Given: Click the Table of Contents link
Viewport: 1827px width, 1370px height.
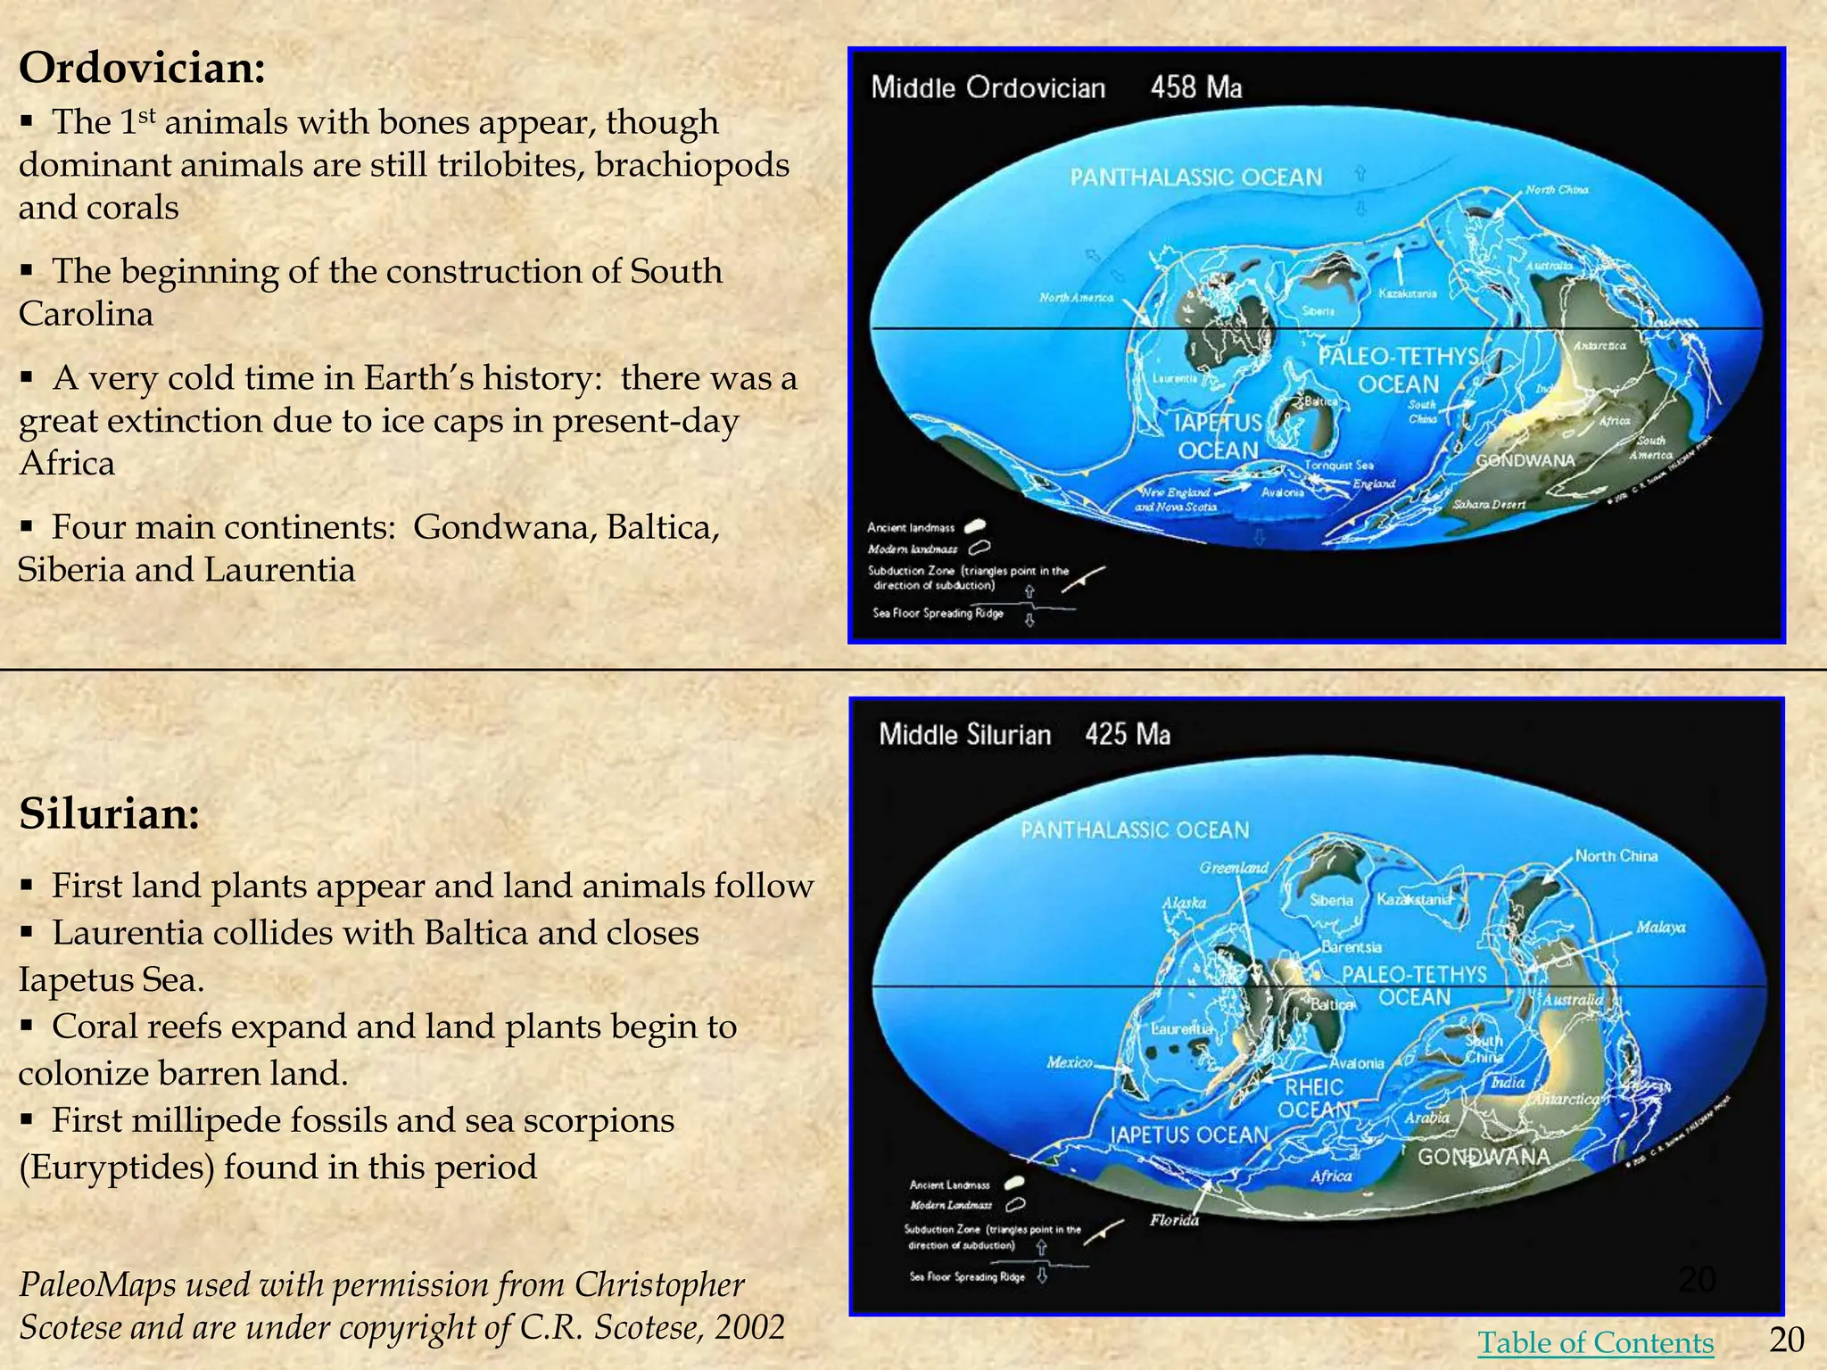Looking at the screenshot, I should [x=1595, y=1341].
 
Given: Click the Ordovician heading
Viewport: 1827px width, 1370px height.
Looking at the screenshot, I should [x=142, y=69].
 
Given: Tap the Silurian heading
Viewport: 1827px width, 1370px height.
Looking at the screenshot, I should [x=109, y=813].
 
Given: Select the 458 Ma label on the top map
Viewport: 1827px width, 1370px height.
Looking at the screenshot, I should [x=1195, y=87].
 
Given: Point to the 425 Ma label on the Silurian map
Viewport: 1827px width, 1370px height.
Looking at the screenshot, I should [x=1128, y=735].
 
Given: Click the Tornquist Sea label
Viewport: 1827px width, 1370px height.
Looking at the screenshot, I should [x=1339, y=465].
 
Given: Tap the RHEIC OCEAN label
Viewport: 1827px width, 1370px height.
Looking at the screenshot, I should [x=1314, y=1098].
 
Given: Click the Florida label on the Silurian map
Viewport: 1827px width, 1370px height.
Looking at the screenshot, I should [x=1174, y=1220].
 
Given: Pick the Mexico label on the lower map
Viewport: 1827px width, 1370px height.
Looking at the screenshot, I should [x=1070, y=1062].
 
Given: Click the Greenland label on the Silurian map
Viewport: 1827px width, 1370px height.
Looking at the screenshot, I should [x=1234, y=868].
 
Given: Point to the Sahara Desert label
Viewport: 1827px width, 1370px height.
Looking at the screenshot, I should [x=1489, y=505].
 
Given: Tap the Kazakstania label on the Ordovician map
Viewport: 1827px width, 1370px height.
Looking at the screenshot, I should [x=1408, y=293].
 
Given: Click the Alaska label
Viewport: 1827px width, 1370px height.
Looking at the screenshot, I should [x=1184, y=904].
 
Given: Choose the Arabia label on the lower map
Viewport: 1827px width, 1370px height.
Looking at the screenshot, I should [x=1427, y=1118].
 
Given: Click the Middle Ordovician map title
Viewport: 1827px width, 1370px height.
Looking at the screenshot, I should [x=988, y=87].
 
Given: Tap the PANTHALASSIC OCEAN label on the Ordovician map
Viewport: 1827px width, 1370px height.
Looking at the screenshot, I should [x=1195, y=177].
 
